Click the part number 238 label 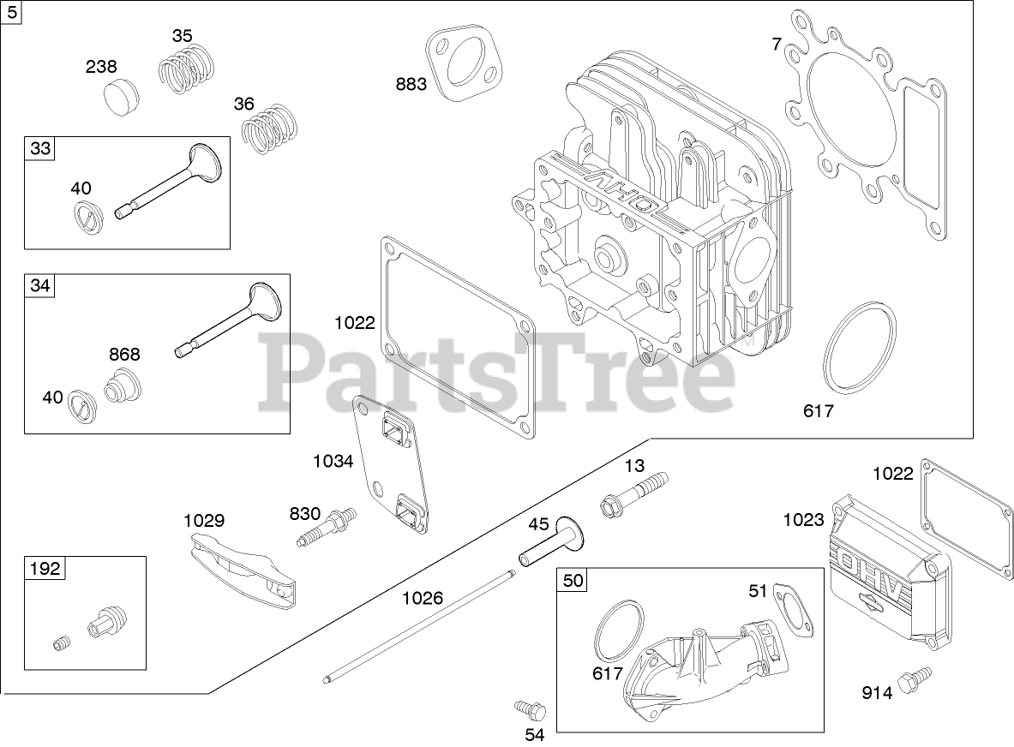(x=101, y=67)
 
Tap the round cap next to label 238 (x=125, y=97)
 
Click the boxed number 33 (x=40, y=148)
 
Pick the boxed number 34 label (x=40, y=285)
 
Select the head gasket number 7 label (x=776, y=44)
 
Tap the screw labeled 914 (x=911, y=681)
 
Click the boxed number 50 (x=573, y=581)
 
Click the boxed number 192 (x=45, y=569)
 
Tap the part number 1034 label (x=333, y=462)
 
